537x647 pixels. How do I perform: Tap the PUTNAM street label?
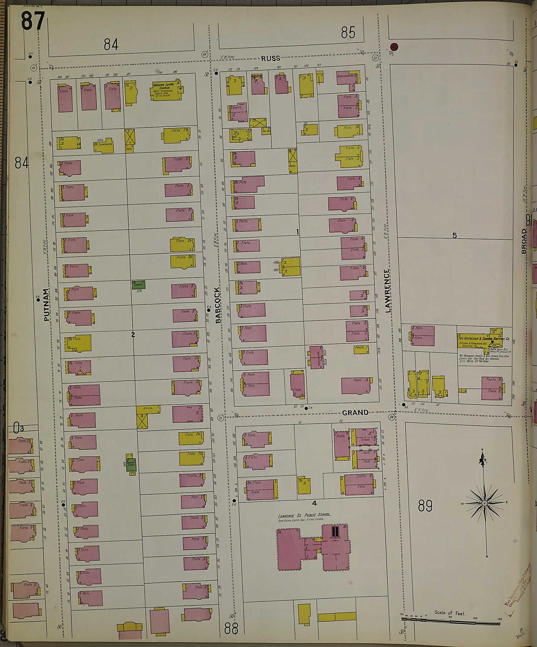pyautogui.click(x=46, y=305)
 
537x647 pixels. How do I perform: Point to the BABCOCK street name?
pyautogui.click(x=217, y=305)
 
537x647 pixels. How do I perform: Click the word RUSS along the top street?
pyautogui.click(x=270, y=58)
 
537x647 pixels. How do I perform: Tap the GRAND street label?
pyautogui.click(x=355, y=413)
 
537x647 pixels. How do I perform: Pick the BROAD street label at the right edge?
pyautogui.click(x=524, y=241)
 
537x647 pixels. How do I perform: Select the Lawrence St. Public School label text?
pyautogui.click(x=304, y=515)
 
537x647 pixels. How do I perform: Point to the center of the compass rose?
pyautogui.click(x=484, y=503)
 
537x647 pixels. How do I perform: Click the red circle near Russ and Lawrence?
pyautogui.click(x=395, y=47)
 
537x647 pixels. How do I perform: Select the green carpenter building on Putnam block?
pyautogui.click(x=139, y=285)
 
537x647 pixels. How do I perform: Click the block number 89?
pyautogui.click(x=425, y=506)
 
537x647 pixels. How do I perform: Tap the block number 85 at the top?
pyautogui.click(x=348, y=33)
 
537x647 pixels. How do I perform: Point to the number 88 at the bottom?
pyautogui.click(x=231, y=628)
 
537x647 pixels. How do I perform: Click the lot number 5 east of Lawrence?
pyautogui.click(x=454, y=236)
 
